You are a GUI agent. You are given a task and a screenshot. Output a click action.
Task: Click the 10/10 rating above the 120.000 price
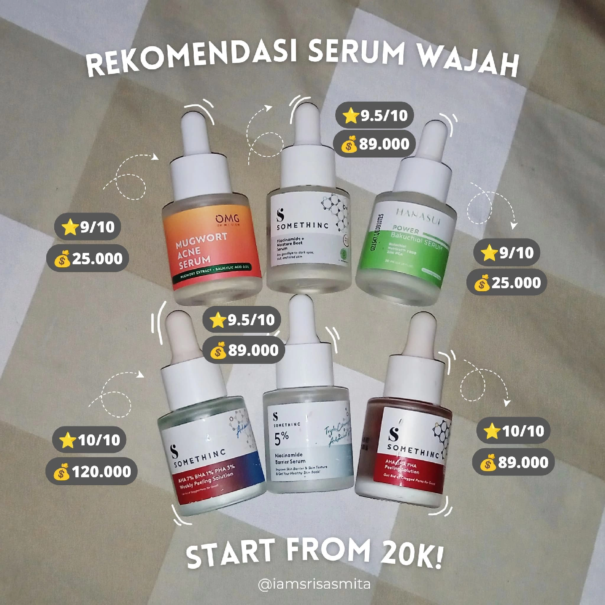point(99,440)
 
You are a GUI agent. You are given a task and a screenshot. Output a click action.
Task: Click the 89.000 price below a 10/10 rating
point(523,463)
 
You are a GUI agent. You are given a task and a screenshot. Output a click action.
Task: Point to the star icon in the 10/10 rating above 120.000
point(67,440)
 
